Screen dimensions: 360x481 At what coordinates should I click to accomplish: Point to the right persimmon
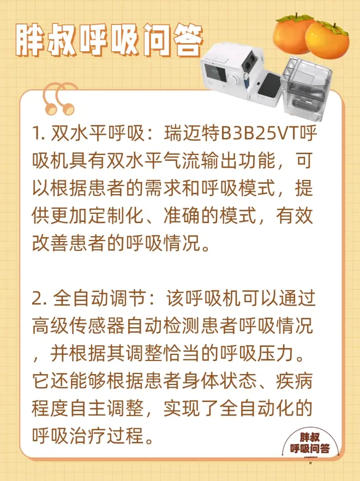(x=327, y=40)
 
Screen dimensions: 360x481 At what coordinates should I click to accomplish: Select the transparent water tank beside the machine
(x=307, y=88)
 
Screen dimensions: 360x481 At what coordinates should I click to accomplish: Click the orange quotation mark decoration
(x=59, y=99)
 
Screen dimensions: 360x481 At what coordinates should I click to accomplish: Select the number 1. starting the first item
(x=39, y=134)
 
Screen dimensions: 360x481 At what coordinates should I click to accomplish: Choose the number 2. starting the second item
(x=39, y=298)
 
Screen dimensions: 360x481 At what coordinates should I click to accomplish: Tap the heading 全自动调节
(x=99, y=298)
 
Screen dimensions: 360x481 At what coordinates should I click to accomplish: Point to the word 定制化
(x=116, y=216)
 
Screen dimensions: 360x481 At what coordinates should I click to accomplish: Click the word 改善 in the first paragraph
(x=50, y=244)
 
